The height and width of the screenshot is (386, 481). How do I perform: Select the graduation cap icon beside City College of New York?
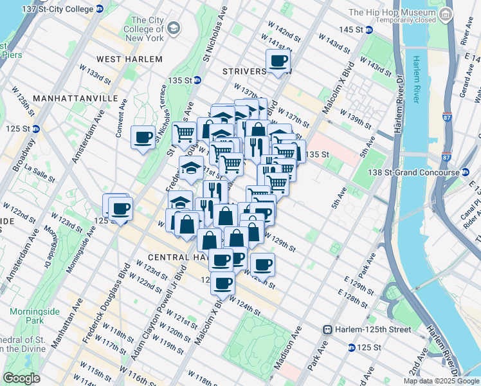[x=174, y=28]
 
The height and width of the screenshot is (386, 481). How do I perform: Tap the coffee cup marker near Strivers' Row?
[x=278, y=62]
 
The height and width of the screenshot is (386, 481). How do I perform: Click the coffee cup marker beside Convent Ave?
[x=143, y=137]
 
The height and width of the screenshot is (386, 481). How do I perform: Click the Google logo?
[x=21, y=378]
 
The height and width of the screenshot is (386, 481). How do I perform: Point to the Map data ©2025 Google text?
[x=441, y=381]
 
